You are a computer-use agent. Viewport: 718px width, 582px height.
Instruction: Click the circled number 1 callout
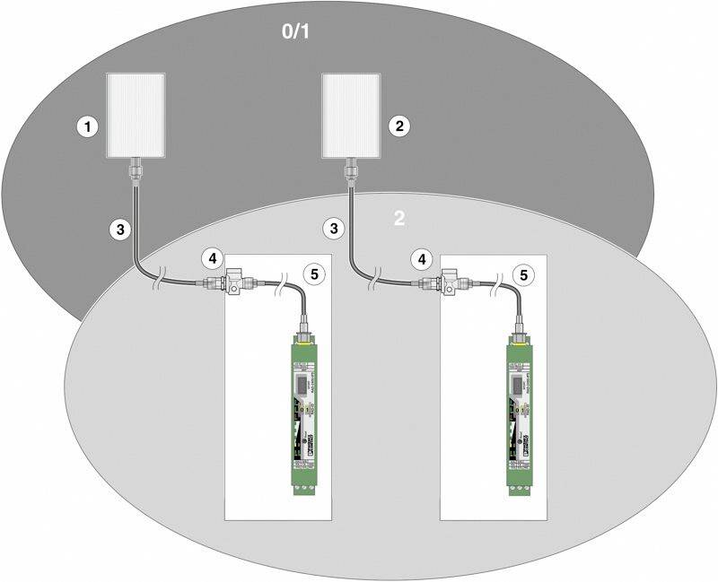click(x=87, y=126)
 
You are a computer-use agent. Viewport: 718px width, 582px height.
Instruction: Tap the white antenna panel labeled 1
click(x=136, y=115)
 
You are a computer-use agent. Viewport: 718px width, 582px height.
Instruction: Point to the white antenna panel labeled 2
click(x=352, y=115)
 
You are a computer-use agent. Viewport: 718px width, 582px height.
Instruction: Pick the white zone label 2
click(x=400, y=218)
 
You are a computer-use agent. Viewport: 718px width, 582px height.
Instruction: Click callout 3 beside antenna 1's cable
click(x=118, y=229)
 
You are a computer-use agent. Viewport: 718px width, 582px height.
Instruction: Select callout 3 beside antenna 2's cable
click(x=335, y=229)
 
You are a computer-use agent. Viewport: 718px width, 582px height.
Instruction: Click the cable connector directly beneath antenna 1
click(x=136, y=168)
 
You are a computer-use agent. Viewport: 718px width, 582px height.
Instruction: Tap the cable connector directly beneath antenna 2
click(x=352, y=168)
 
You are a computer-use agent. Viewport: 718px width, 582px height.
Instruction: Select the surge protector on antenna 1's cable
click(x=236, y=282)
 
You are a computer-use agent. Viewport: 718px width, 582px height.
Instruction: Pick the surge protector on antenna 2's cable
click(x=451, y=282)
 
